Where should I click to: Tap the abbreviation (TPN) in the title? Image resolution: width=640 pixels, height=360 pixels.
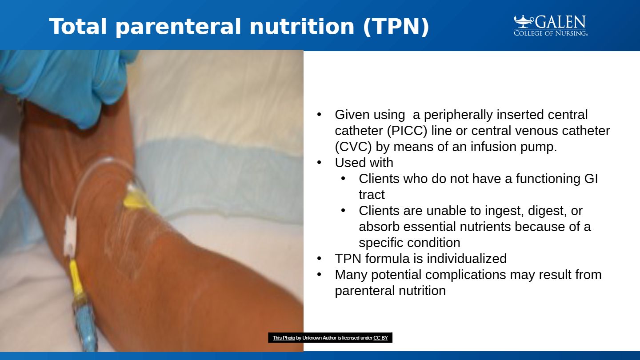[x=396, y=27]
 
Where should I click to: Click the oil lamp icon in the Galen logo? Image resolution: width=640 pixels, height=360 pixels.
[x=524, y=21]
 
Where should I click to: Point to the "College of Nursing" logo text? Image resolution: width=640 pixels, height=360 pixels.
[x=551, y=33]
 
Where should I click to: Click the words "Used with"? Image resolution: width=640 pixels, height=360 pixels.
[x=364, y=163]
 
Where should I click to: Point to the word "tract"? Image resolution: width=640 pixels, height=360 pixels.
[x=372, y=195]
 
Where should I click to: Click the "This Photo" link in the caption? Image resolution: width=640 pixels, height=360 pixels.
[x=284, y=338]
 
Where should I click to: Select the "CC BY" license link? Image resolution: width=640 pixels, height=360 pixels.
[x=380, y=338]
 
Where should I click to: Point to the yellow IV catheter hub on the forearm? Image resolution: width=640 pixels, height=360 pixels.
[x=139, y=200]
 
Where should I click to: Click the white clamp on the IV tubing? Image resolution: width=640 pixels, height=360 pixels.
[x=70, y=234]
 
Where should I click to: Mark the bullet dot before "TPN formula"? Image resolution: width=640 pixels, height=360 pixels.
[x=319, y=259]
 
